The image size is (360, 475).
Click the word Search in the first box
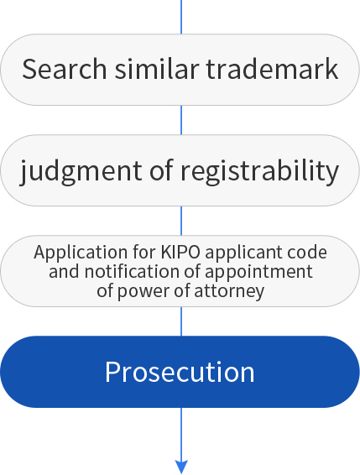(x=65, y=69)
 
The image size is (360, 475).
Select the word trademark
(x=272, y=69)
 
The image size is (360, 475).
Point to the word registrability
(x=259, y=171)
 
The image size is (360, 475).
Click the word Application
(x=81, y=253)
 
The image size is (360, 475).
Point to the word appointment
(x=259, y=272)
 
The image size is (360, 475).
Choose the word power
(x=145, y=292)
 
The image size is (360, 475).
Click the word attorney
(x=229, y=292)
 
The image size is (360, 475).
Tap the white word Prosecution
(x=180, y=372)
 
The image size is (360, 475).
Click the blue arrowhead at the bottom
(x=181, y=467)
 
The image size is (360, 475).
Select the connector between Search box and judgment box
(x=181, y=120)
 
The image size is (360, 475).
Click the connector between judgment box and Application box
(x=181, y=221)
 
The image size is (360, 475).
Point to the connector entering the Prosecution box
(x=181, y=321)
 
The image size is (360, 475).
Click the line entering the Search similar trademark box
(x=181, y=17)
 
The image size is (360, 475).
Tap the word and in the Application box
(x=64, y=271)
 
